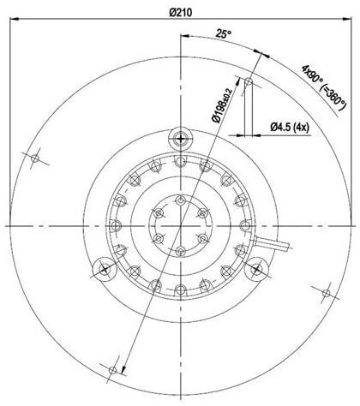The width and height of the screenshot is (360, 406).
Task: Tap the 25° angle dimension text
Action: pyautogui.click(x=221, y=35)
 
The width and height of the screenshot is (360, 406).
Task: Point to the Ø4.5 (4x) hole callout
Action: pyautogui.click(x=289, y=128)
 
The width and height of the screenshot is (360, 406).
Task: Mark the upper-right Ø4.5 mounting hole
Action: pyautogui.click(x=248, y=82)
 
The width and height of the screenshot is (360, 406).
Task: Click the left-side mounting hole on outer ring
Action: pyautogui.click(x=35, y=158)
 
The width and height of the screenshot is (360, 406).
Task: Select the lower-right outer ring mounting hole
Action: pyautogui.click(x=326, y=293)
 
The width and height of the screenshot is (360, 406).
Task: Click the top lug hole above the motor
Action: pyautogui.click(x=180, y=138)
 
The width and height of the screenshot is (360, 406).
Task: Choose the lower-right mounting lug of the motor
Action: pyautogui.click(x=255, y=268)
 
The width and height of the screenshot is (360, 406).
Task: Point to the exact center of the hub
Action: pyautogui.click(x=180, y=224)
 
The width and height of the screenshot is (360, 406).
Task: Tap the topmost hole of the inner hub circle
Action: pyautogui.click(x=180, y=199)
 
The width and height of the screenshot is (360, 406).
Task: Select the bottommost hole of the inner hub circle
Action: pyautogui.click(x=180, y=250)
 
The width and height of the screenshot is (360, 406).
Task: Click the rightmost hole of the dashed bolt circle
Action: pyautogui.click(x=243, y=224)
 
